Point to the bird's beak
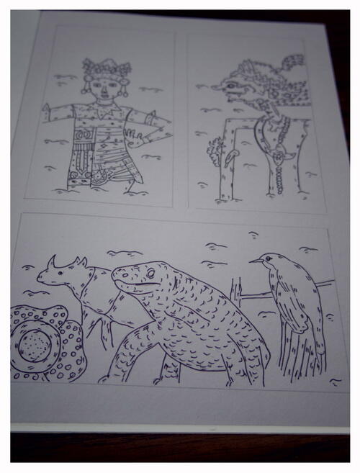click(254, 261)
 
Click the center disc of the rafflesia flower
click(35, 344)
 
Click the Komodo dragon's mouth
click(134, 287)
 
